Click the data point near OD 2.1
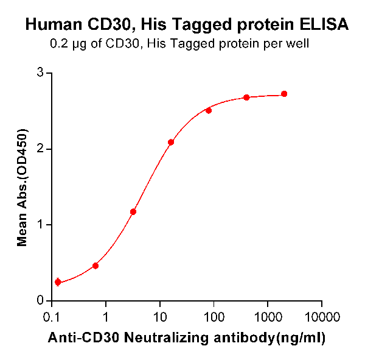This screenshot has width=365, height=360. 171,142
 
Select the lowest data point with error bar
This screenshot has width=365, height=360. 58,282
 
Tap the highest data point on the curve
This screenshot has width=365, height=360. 284,94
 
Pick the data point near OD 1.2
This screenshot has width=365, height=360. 133,212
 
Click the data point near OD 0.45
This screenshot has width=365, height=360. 96,266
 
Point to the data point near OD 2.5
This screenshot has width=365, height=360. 209,110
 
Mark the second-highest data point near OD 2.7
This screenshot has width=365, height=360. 246,97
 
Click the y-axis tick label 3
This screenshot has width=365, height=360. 41,73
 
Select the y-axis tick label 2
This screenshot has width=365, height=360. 41,149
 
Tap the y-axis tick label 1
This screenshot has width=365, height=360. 41,225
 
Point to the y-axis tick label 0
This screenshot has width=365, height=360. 41,300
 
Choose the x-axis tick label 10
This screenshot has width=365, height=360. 160,317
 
